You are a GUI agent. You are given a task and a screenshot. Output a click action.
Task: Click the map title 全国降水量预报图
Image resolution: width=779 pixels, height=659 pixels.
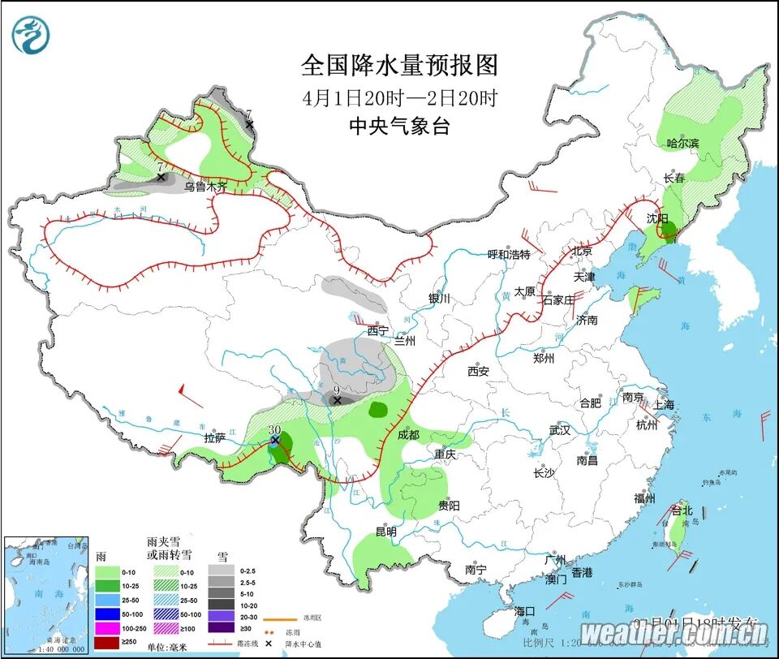point(398,65)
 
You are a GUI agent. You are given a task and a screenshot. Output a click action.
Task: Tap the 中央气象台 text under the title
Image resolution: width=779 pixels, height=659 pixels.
point(398,126)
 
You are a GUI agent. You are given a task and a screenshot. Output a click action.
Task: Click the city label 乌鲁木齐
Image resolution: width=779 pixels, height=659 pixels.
point(205,187)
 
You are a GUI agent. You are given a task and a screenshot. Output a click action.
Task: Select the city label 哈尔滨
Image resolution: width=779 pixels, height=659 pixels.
point(682,144)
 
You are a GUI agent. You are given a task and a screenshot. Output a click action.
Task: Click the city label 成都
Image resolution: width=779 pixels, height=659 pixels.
point(409,434)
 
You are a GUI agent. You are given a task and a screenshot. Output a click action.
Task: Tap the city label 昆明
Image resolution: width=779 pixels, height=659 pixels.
point(385,532)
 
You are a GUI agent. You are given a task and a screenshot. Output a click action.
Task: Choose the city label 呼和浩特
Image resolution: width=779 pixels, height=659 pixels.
point(508,254)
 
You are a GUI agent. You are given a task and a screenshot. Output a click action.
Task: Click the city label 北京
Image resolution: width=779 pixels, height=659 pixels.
point(583,252)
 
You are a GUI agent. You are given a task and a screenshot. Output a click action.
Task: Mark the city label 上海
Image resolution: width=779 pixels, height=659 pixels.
point(663,404)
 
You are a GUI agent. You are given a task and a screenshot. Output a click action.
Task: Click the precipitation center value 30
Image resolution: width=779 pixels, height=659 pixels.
point(274,429)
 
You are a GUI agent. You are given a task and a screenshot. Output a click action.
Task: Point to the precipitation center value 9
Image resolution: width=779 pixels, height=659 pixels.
point(337,390)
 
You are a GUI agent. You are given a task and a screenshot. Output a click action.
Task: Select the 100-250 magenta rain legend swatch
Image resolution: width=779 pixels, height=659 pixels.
point(107,628)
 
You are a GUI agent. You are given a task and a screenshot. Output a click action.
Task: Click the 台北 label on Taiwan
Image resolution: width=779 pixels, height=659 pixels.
point(682,510)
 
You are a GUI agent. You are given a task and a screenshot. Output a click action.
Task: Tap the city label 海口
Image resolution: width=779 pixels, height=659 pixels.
point(525,610)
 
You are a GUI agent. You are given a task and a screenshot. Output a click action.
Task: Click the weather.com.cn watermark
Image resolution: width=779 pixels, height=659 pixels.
point(674,633)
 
